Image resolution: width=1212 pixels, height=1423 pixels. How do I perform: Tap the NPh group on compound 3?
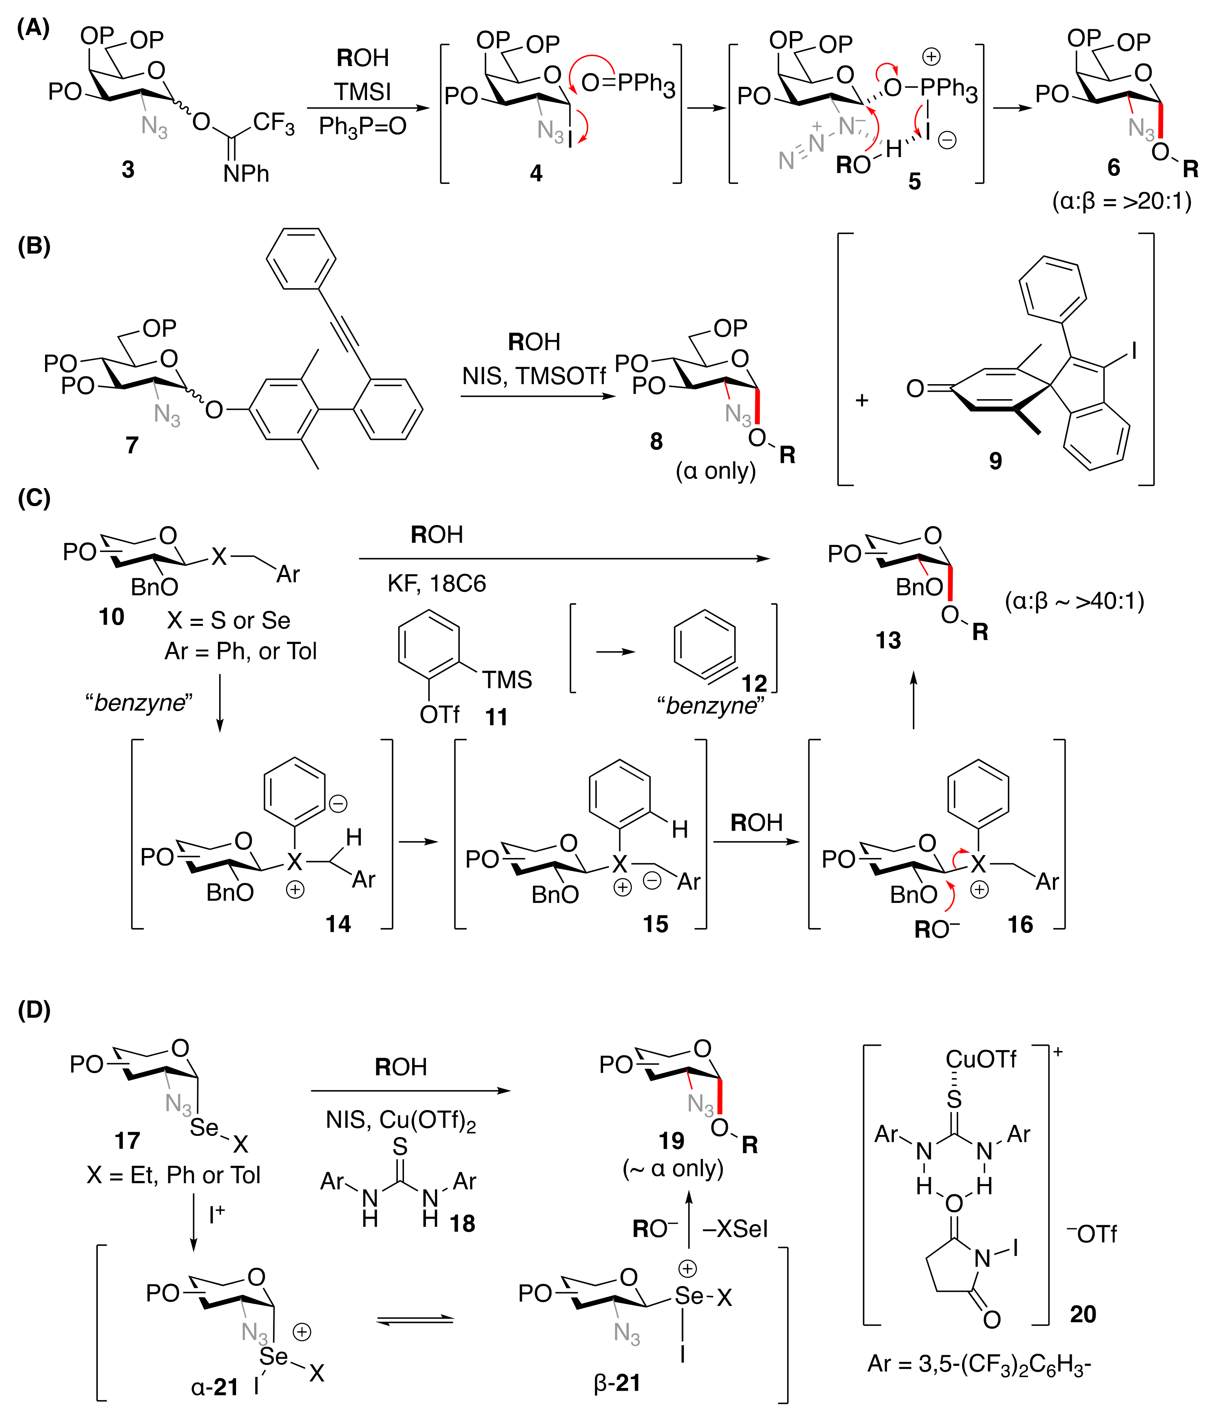245,174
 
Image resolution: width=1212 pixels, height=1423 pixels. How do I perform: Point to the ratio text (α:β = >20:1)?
1122,201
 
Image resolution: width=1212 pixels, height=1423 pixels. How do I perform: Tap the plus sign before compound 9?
862,400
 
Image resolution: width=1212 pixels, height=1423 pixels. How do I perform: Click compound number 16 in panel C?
1020,925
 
